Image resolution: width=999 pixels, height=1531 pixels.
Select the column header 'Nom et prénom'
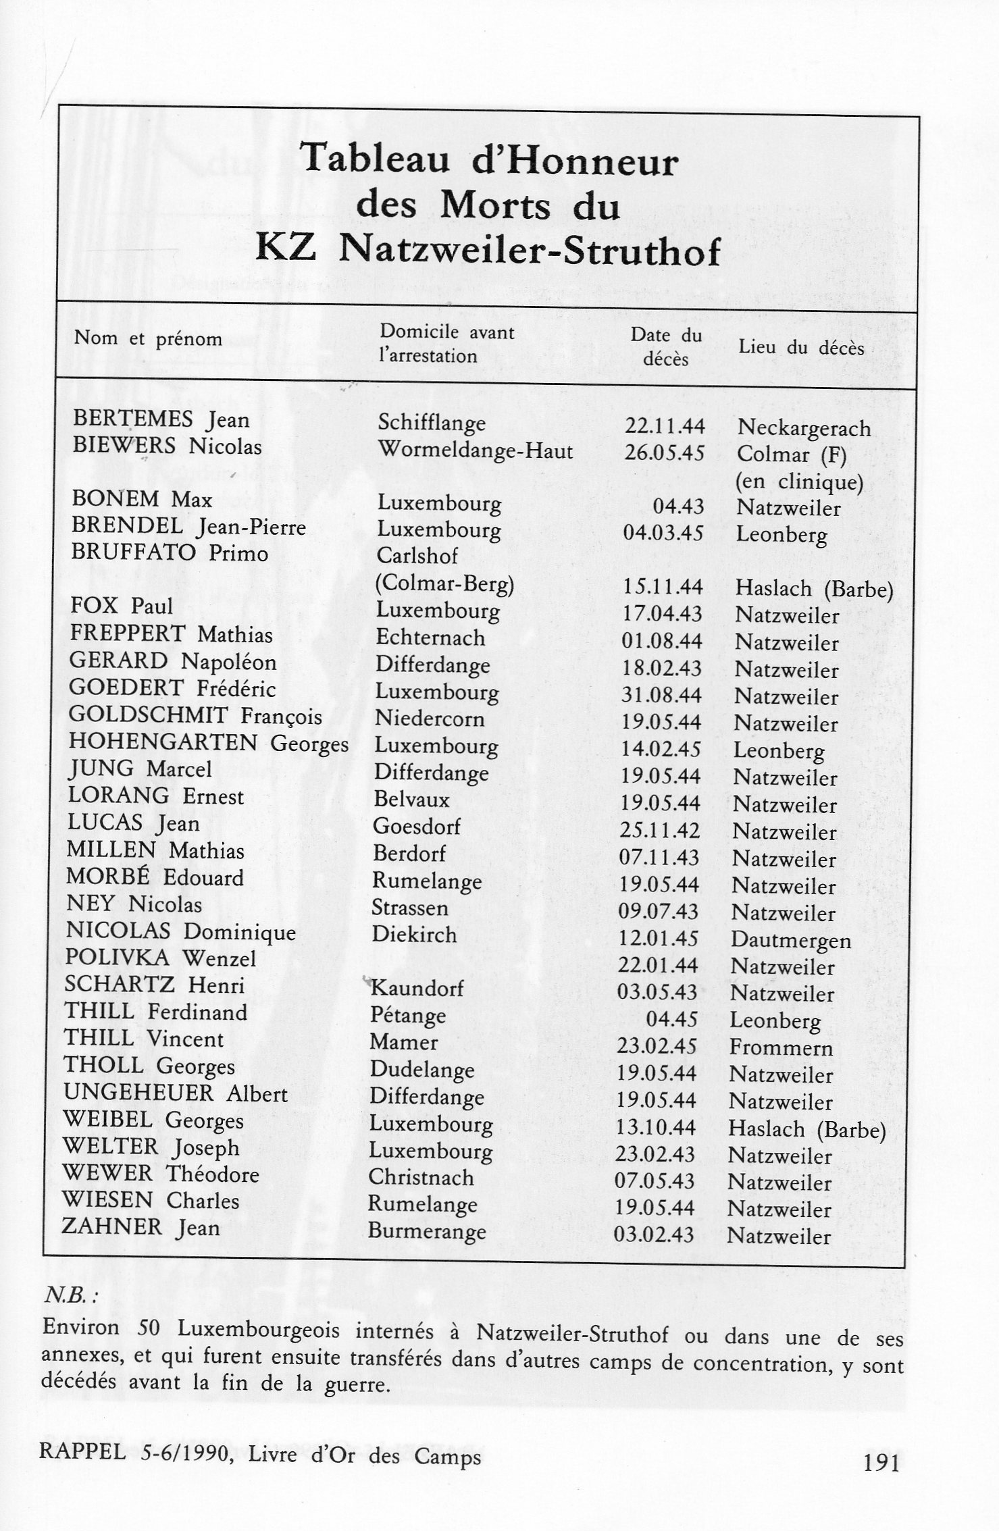[148, 338]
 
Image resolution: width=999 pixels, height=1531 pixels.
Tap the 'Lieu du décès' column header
[801, 348]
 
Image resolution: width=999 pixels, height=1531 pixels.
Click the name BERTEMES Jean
[161, 419]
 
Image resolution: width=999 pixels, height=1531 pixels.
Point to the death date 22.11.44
[665, 426]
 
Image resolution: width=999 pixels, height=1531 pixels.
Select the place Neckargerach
[804, 428]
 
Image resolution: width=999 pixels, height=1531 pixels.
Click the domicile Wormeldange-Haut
[475, 450]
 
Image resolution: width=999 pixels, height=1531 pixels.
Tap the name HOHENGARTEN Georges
[208, 743]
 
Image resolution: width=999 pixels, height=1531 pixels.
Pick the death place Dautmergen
[791, 940]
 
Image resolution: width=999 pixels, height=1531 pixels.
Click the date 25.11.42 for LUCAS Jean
[659, 830]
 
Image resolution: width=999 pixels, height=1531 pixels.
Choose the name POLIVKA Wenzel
[160, 958]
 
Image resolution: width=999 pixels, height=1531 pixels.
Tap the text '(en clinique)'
[799, 482]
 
